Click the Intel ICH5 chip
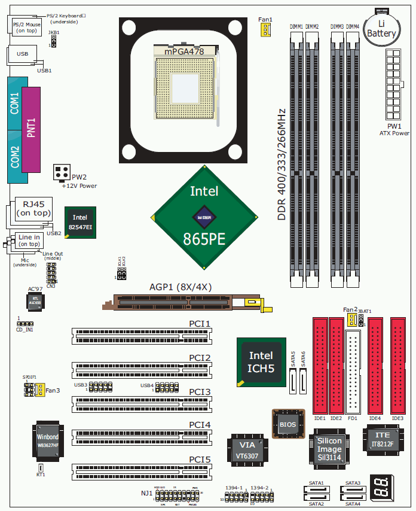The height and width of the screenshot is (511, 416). coord(261,363)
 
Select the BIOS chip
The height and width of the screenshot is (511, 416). coord(287,424)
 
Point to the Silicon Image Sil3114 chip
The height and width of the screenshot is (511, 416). coord(329,449)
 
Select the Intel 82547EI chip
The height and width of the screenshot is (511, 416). coord(80,223)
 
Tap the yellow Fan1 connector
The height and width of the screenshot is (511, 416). coord(265,29)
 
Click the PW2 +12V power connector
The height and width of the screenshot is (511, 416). coord(62,173)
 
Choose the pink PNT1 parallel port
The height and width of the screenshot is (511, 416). coord(32,129)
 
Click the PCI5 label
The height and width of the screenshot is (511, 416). coord(200,459)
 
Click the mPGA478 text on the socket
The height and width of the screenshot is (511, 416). coord(184,52)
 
